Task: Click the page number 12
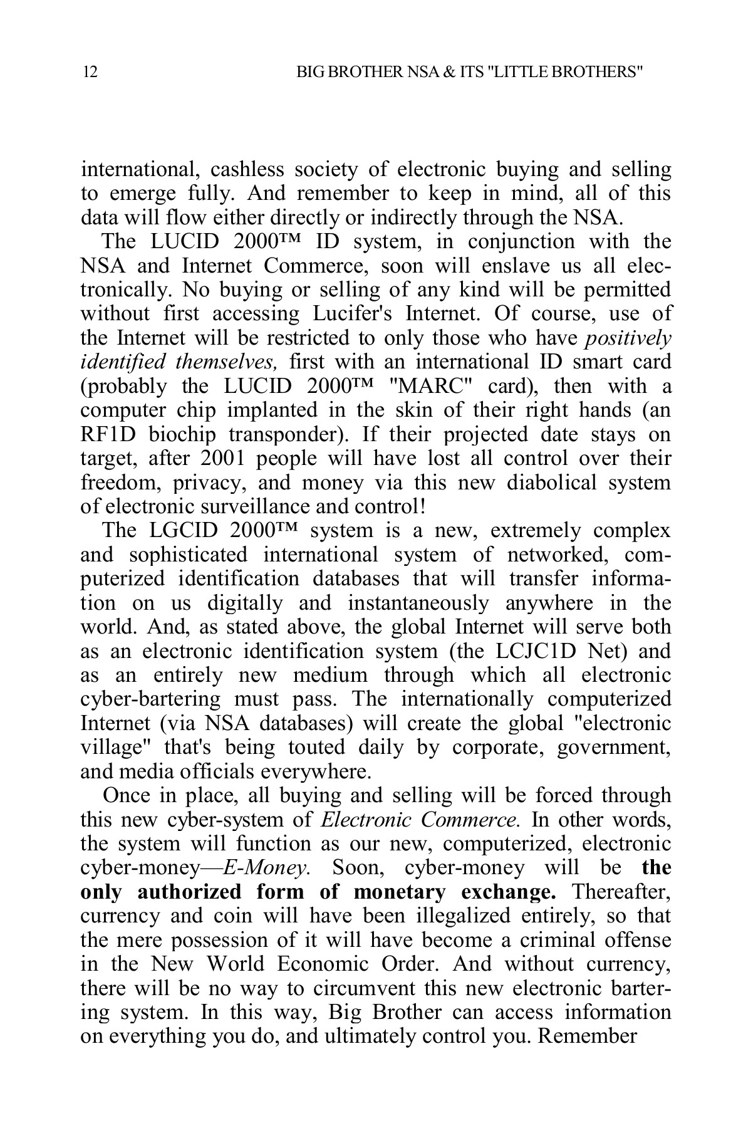click(x=90, y=73)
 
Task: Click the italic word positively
click(x=627, y=338)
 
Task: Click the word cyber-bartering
click(x=150, y=700)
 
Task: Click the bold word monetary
click(x=402, y=892)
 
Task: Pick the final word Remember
click(x=588, y=1037)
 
